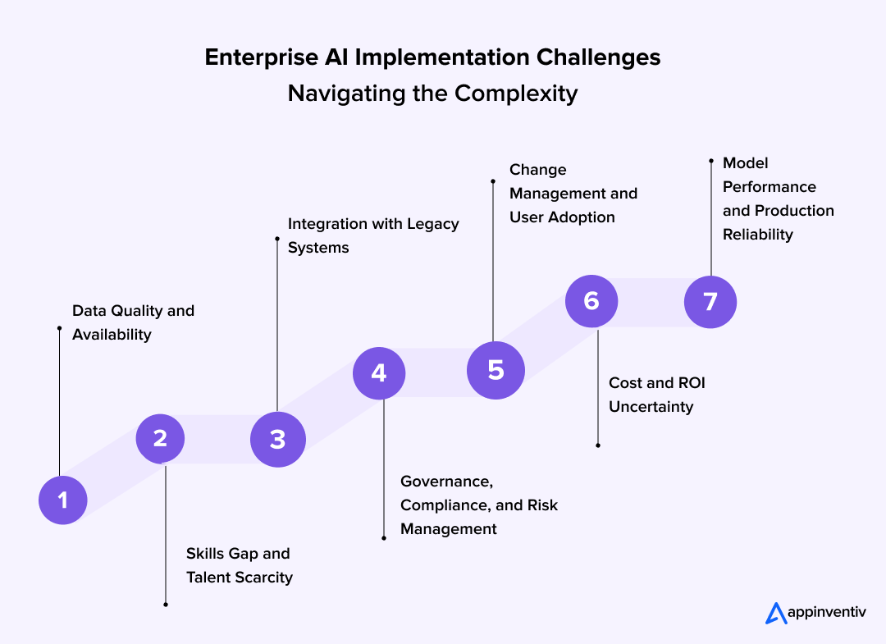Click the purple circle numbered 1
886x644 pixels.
tap(63, 500)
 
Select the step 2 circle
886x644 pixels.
tap(160, 439)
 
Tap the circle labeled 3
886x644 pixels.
tap(277, 439)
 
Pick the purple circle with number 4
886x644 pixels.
tap(378, 373)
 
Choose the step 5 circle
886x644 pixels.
tap(496, 370)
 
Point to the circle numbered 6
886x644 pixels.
tap(591, 301)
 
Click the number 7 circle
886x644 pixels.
tap(710, 301)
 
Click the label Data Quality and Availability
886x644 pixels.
tap(133, 322)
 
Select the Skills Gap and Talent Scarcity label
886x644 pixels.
tap(239, 565)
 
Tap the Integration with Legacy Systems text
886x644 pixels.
tap(372, 235)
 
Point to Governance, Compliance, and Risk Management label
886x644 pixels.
tap(478, 505)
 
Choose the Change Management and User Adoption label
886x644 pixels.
tap(573, 193)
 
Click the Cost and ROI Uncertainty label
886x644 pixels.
tap(656, 395)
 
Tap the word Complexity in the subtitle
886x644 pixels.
tap(516, 94)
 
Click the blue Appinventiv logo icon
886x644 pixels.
tap(775, 613)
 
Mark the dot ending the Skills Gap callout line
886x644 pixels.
tap(166, 605)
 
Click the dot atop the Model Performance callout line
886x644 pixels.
tap(711, 162)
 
